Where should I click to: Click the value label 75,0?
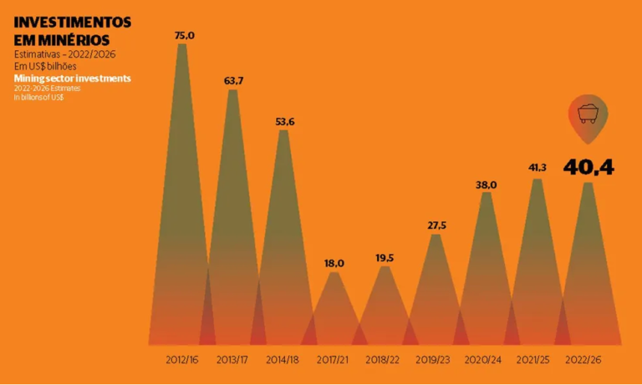click(x=184, y=35)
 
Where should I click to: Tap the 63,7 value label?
click(x=233, y=80)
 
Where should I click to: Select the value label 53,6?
click(x=284, y=122)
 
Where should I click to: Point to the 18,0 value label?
click(x=334, y=263)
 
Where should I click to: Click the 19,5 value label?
click(x=385, y=258)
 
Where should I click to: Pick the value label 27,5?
click(x=436, y=225)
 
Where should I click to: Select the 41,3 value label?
click(x=537, y=168)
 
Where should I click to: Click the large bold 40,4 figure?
click(x=588, y=167)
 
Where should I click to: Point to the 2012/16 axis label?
click(x=182, y=360)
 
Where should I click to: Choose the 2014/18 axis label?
click(x=283, y=360)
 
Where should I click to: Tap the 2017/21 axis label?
click(x=334, y=360)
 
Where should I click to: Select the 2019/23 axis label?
click(x=436, y=360)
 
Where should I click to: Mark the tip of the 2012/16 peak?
click(x=182, y=45)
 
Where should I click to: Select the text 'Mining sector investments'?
click(x=72, y=78)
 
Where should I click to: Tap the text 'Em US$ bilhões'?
click(x=51, y=66)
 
